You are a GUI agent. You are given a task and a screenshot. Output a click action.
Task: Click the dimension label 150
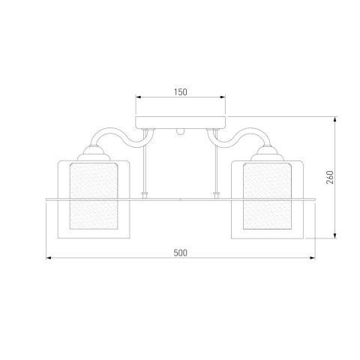click(x=181, y=92)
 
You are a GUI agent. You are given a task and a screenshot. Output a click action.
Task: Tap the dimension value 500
click(x=180, y=253)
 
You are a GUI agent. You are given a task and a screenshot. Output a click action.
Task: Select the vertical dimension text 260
click(x=330, y=177)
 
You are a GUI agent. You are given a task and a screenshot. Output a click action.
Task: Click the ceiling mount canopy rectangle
click(x=180, y=122)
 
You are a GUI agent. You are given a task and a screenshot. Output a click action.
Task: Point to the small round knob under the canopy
click(x=180, y=132)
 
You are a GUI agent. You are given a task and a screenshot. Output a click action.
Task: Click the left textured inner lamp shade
click(x=94, y=196)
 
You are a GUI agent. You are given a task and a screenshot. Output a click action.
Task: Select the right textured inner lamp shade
click(x=267, y=196)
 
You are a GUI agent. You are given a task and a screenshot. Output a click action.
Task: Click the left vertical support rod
click(x=144, y=163)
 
